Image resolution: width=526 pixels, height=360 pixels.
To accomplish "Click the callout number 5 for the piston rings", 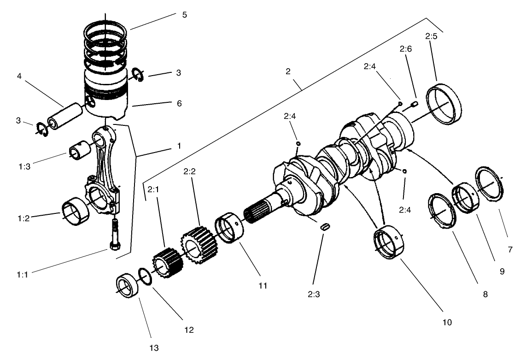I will tap(184, 14).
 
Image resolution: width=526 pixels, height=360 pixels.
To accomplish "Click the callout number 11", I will tap(263, 286).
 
